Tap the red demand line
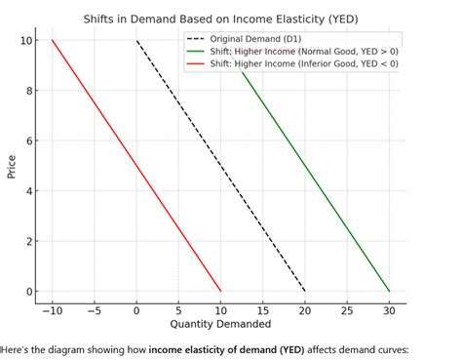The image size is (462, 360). (x=136, y=166)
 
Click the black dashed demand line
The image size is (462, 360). (x=220, y=166)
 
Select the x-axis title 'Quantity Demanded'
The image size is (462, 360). (x=220, y=324)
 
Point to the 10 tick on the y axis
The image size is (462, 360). (x=28, y=40)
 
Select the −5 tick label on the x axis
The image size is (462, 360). (x=94, y=309)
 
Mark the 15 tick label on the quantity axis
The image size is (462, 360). (x=262, y=309)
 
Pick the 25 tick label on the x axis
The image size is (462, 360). (x=347, y=309)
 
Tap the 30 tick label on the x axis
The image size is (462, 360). (x=389, y=309)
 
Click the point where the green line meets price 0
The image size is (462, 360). (x=389, y=291)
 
